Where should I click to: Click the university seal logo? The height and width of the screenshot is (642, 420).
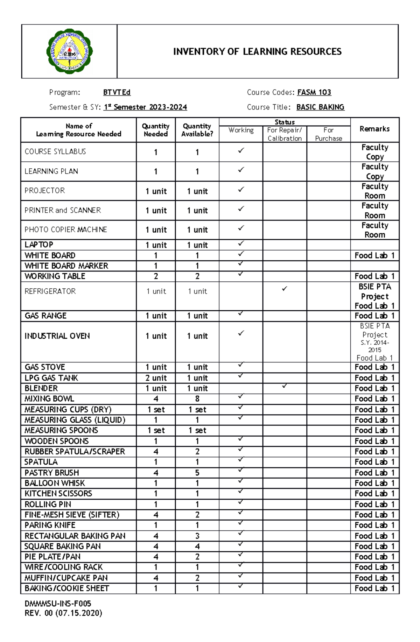coord(69,51)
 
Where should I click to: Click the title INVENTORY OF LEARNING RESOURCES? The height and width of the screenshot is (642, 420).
coord(257,52)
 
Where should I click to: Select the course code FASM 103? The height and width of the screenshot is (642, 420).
coord(314,92)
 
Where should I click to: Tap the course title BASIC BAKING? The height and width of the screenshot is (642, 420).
coord(320,107)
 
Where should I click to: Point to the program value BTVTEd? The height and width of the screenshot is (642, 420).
coord(117,92)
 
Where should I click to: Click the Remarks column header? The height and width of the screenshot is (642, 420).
coord(374,129)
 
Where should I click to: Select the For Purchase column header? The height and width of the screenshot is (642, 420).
coord(328,134)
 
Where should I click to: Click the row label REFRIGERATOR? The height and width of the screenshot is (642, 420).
coord(50,291)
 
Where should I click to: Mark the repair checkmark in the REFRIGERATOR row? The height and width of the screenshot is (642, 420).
coord(285,289)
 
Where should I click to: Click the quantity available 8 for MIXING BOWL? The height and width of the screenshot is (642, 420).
coord(197,399)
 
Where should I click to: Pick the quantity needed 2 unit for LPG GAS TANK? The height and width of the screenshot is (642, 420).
coord(156,378)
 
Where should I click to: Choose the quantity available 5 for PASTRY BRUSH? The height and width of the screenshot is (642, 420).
coord(197,473)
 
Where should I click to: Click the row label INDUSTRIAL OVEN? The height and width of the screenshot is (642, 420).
coord(57,336)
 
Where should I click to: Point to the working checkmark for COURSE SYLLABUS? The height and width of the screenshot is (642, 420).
coord(241,150)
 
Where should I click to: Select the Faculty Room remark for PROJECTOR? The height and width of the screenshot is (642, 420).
coord(374,191)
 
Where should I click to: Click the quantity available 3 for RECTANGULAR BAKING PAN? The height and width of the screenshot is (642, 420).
coord(197,536)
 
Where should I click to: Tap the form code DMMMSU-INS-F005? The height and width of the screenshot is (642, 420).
coord(58,604)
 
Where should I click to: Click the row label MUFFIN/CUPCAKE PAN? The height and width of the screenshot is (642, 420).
coord(66,578)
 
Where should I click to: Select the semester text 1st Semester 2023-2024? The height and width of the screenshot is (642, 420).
coord(145,107)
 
